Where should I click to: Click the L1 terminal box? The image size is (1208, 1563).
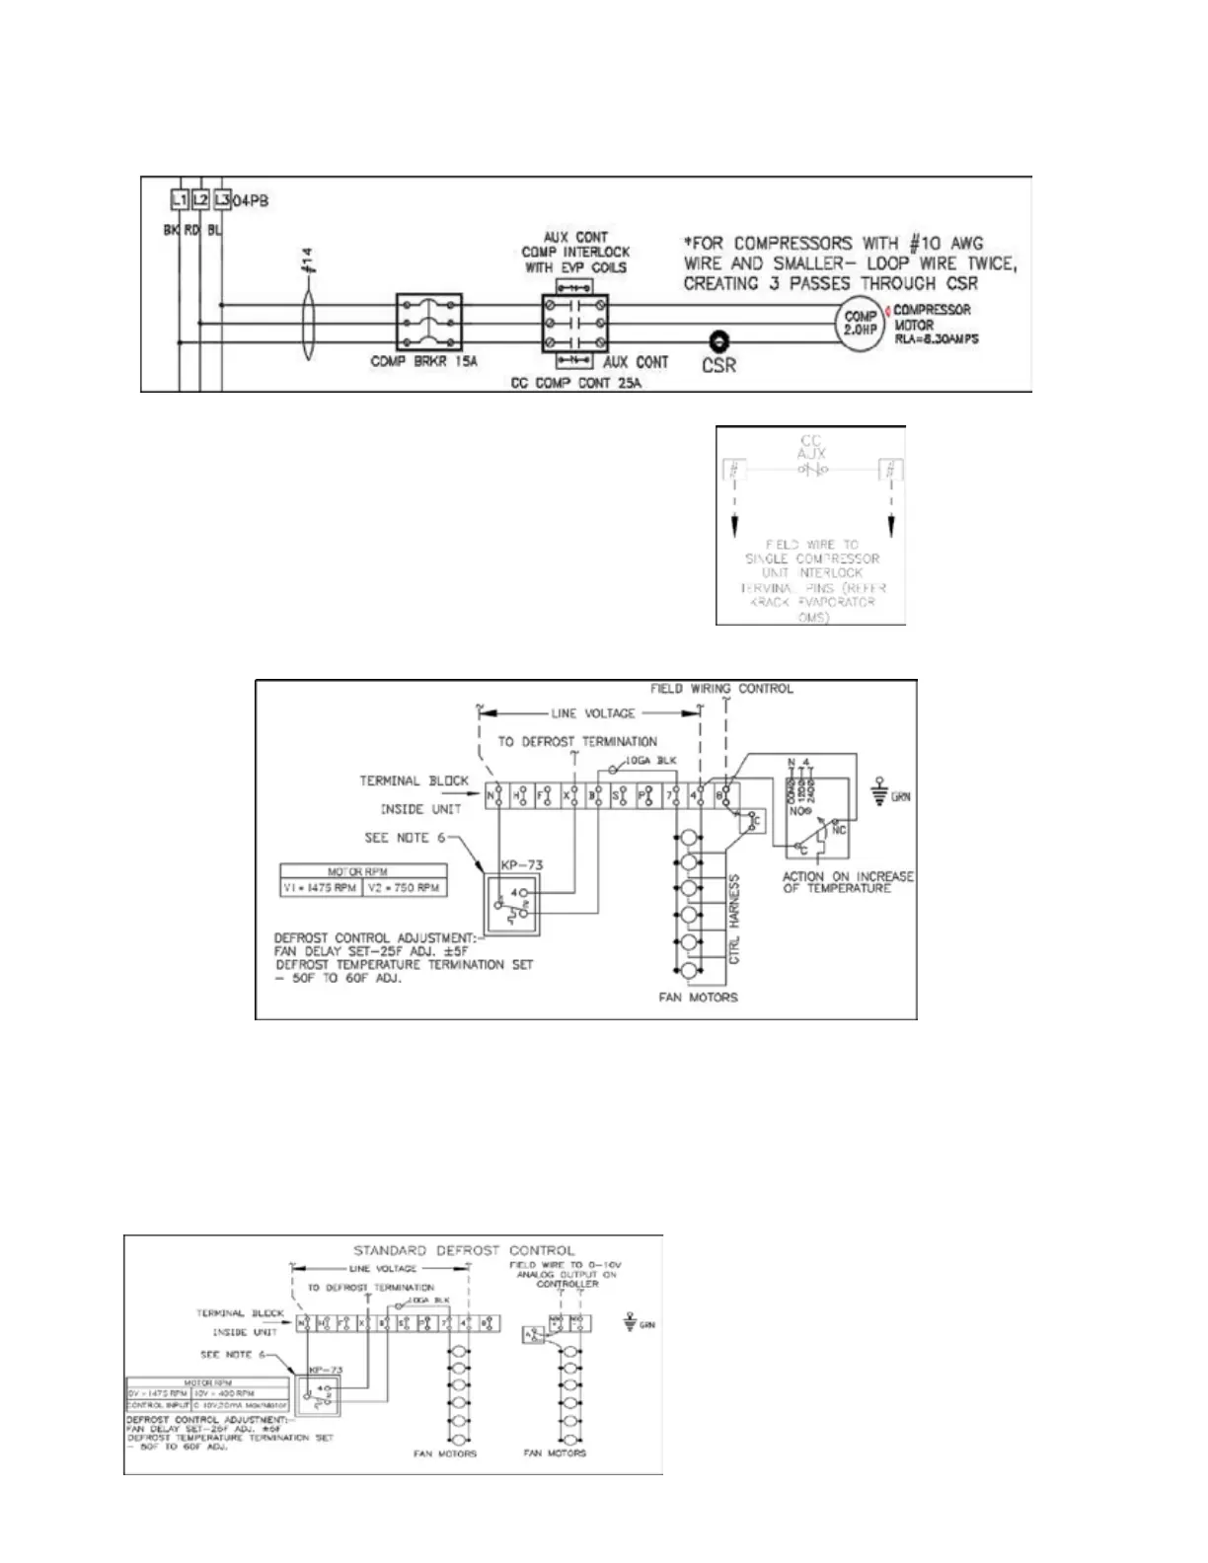[x=179, y=200]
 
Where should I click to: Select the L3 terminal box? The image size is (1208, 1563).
[x=222, y=200]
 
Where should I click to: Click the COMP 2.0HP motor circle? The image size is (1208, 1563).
[x=861, y=323]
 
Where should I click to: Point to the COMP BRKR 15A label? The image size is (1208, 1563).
[x=423, y=362]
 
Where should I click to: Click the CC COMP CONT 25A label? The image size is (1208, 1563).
[x=575, y=383]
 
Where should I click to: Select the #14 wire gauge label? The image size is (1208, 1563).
[x=307, y=260]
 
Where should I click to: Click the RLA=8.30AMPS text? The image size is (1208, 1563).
[x=936, y=339]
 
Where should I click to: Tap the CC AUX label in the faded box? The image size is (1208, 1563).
[x=811, y=447]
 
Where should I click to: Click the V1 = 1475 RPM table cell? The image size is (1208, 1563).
[x=321, y=887]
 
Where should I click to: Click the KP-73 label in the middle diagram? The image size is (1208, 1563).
[x=521, y=865]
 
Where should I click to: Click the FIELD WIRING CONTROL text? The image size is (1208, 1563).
[x=721, y=689]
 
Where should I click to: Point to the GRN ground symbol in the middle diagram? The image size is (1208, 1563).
[x=881, y=795]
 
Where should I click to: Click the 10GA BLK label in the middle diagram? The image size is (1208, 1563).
[x=650, y=761]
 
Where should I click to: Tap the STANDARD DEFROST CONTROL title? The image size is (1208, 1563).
[x=464, y=1250]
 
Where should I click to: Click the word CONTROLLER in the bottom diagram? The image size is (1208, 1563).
[x=566, y=1284]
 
